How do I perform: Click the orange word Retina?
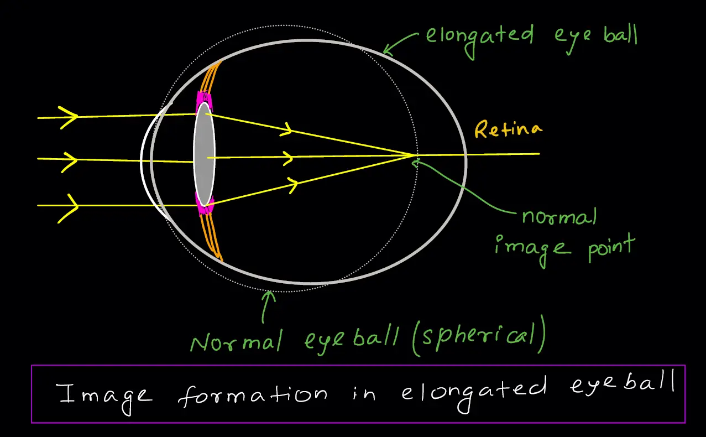click(508, 129)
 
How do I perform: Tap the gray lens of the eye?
click(204, 154)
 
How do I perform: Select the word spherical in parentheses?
click(479, 335)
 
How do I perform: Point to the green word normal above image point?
click(559, 217)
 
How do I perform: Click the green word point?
click(611, 247)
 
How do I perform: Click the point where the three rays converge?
click(414, 155)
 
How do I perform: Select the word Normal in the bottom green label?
click(237, 341)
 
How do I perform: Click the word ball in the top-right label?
click(620, 35)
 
